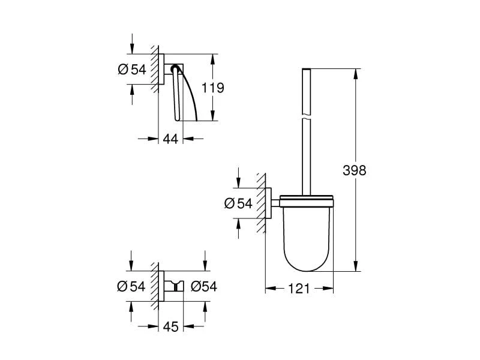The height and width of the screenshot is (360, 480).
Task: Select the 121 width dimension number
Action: point(299,289)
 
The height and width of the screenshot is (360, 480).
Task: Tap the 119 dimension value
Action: point(212,88)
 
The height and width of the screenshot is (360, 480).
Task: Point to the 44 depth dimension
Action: point(170,139)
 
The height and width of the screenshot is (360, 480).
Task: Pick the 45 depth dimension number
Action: point(170,326)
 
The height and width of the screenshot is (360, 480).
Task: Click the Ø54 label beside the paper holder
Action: point(132,69)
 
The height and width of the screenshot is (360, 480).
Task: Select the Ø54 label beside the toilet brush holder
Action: point(238,203)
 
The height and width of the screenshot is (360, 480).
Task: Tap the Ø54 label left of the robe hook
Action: point(132,286)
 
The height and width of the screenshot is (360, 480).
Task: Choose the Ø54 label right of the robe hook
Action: point(203,286)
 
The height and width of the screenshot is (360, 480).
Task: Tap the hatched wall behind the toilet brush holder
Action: point(261,204)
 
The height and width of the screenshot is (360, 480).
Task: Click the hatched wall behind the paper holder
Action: point(155,69)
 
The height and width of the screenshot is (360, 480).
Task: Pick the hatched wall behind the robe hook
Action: point(155,286)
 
